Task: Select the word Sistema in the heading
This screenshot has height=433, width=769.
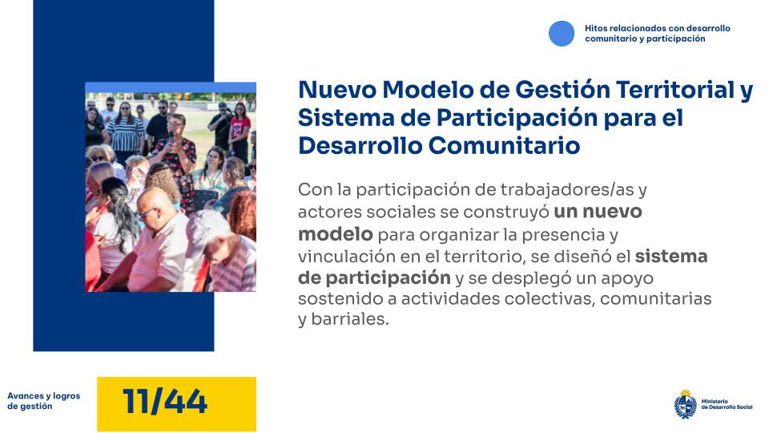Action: coord(338,118)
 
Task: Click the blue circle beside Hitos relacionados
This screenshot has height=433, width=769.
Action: coord(562,33)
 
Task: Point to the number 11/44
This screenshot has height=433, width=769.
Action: coord(165,402)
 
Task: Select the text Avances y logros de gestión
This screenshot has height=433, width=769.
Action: coord(43,401)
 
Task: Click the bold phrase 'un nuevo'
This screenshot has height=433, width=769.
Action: coord(598,212)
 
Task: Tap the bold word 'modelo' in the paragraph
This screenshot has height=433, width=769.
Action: coord(335,235)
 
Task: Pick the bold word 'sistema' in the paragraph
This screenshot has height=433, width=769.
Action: coord(671,257)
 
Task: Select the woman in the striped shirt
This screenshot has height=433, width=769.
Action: coord(126,128)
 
